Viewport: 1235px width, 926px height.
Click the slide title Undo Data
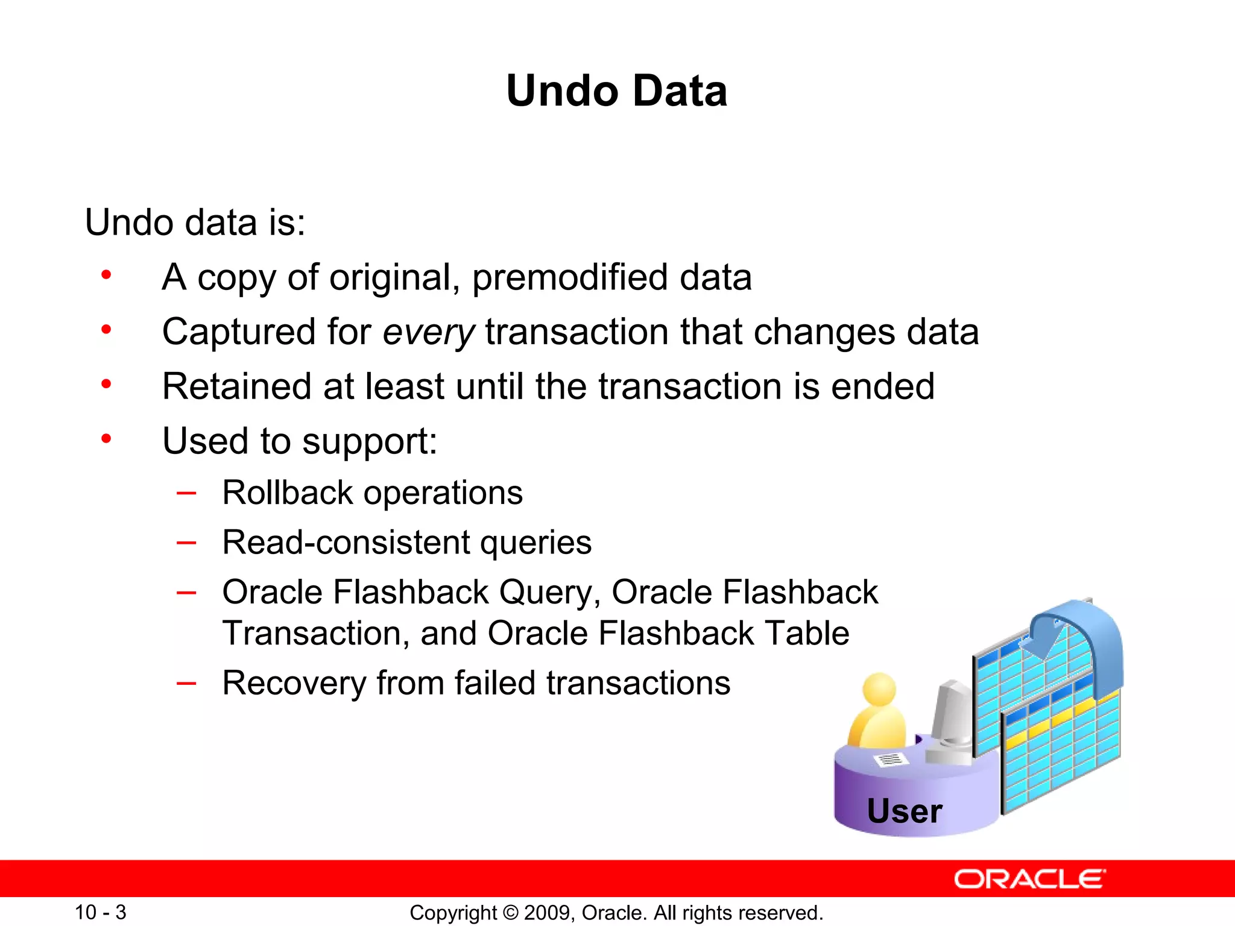616,91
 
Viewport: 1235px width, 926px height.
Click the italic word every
429,332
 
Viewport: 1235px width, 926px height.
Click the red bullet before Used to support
106,438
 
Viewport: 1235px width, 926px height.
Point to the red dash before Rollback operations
186,493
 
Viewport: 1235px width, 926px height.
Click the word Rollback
287,493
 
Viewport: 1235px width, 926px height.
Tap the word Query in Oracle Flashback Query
546,593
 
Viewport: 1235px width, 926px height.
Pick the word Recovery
294,683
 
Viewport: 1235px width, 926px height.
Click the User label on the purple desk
904,811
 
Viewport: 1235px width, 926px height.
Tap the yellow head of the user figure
879,689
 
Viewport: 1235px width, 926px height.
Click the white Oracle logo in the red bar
1029,879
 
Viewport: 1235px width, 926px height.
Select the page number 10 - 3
100,912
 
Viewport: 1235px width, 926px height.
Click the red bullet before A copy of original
106,275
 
